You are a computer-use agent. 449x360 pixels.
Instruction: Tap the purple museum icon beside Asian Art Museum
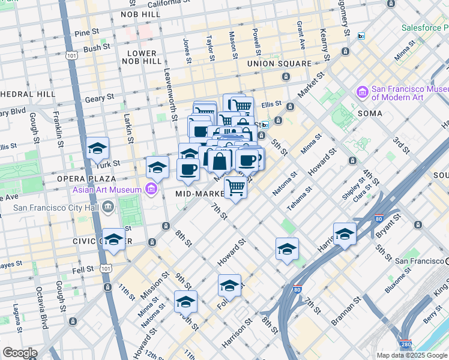(151, 190)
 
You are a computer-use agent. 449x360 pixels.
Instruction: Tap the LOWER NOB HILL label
(142, 57)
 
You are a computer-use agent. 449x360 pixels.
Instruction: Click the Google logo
(19, 353)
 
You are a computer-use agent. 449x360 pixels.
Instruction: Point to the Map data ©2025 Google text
(412, 355)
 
